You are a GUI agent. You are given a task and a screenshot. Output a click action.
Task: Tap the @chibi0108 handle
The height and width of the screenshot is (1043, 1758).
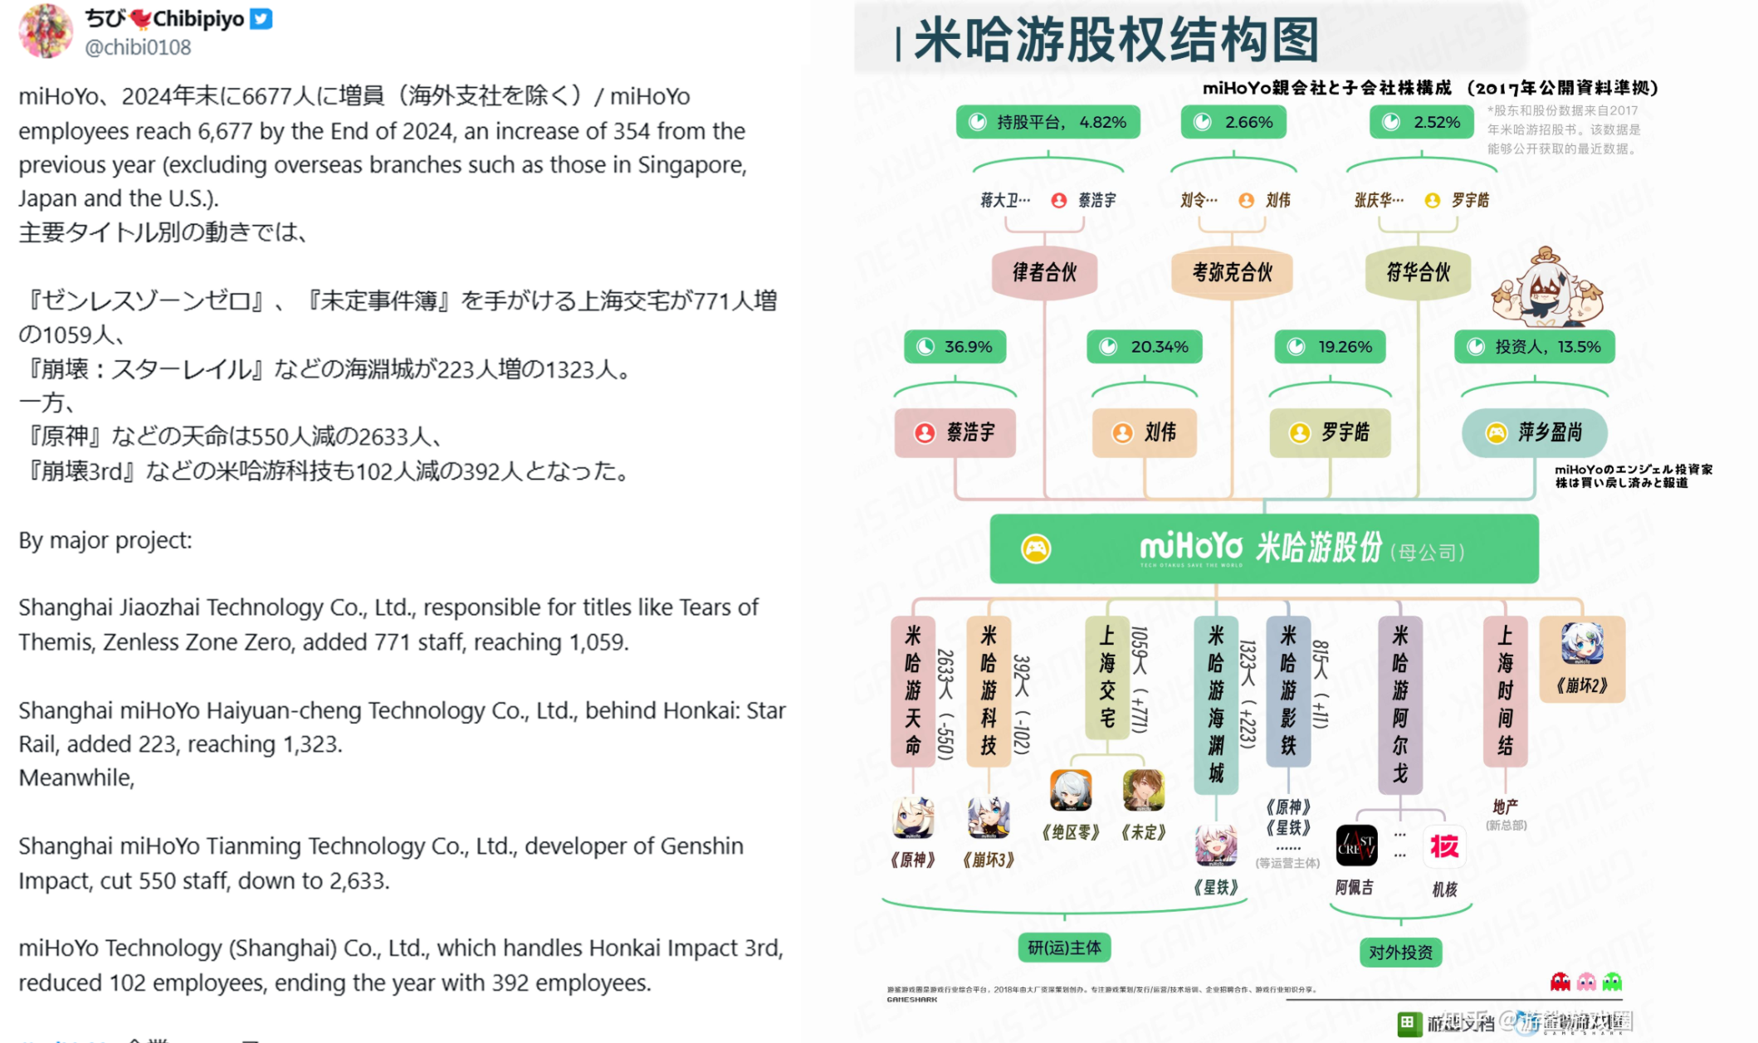pos(138,47)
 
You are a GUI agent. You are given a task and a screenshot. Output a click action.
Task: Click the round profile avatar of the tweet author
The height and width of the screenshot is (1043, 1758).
pos(45,31)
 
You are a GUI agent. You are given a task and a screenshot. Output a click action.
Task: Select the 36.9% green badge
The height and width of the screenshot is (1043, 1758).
pos(955,347)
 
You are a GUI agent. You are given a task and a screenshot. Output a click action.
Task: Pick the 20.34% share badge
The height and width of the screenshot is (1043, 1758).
pos(1145,347)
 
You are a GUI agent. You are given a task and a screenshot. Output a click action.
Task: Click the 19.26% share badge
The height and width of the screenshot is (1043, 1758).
pos(1331,347)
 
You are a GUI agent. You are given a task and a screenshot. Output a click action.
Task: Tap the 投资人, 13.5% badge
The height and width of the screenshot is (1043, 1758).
pos(1535,347)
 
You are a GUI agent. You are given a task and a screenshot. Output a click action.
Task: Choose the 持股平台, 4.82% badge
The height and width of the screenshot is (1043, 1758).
pos(1047,122)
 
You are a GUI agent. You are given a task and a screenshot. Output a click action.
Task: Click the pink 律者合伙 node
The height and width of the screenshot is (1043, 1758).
pos(1044,272)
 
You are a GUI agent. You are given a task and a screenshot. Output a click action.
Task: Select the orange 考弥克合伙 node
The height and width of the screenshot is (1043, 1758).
pos(1232,272)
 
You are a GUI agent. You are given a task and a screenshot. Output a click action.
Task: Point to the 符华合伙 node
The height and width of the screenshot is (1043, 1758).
pos(1418,272)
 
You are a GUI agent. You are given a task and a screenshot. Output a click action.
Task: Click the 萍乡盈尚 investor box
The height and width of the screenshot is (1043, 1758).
pos(1535,432)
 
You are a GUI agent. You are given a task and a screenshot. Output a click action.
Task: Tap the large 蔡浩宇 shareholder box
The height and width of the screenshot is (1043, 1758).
pos(955,432)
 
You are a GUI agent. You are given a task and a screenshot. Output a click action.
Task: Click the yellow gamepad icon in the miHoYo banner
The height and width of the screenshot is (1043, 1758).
pos(1036,548)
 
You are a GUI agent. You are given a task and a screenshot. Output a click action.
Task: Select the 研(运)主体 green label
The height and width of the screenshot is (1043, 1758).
pos(1064,948)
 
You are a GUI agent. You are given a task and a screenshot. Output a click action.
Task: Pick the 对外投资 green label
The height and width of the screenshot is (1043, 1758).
pos(1400,953)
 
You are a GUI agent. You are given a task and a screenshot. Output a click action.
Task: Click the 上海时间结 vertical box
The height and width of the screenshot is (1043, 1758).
pos(1505,690)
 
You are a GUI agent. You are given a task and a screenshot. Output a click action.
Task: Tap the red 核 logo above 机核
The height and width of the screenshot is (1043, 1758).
pos(1444,846)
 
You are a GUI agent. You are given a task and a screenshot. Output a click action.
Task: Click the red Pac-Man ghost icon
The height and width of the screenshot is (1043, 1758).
pos(1560,982)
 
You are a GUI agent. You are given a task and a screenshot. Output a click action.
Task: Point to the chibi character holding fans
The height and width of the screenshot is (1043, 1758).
pos(1546,289)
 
